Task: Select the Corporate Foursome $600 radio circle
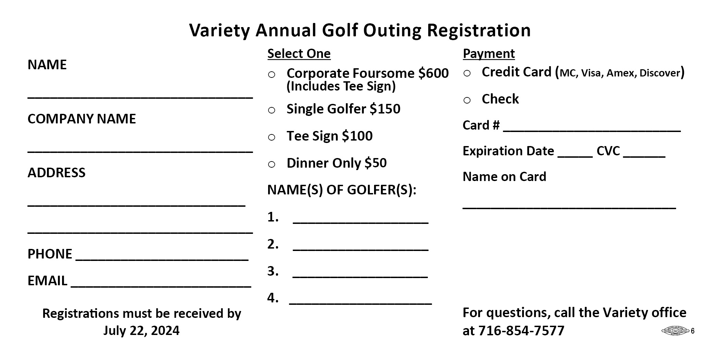pyautogui.click(x=272, y=75)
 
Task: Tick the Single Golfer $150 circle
pyautogui.click(x=272, y=110)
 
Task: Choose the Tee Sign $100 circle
pyautogui.click(x=272, y=137)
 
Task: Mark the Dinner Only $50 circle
pyautogui.click(x=272, y=165)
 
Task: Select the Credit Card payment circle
pyautogui.click(x=467, y=73)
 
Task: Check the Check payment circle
pyautogui.click(x=467, y=100)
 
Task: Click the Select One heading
pyautogui.click(x=299, y=54)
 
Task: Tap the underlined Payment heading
pyautogui.click(x=489, y=54)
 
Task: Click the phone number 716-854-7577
pyautogui.click(x=521, y=331)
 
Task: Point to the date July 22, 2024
pyautogui.click(x=141, y=331)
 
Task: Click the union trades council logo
pyautogui.click(x=675, y=331)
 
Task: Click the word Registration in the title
pyautogui.click(x=479, y=30)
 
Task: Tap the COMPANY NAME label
pyautogui.click(x=82, y=119)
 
